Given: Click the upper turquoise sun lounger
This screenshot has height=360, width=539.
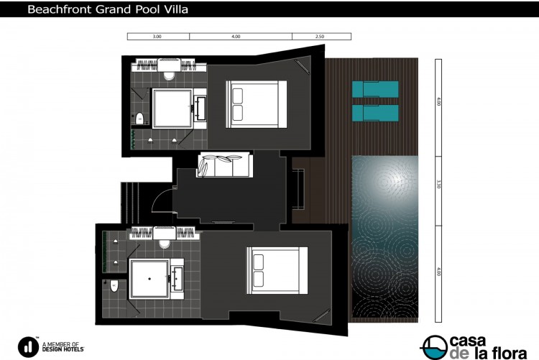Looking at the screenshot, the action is tap(375, 89).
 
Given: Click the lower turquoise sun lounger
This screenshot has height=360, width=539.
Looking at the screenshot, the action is tap(375, 113).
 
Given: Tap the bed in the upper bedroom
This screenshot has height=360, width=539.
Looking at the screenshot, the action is tap(257, 104).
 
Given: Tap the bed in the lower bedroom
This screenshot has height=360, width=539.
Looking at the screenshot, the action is tap(277, 270).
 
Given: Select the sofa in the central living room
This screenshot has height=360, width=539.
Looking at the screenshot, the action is tap(225, 165).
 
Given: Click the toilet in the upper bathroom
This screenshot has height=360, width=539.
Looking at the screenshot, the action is tap(139, 119).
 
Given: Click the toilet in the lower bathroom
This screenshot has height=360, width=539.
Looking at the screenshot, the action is tap(114, 285).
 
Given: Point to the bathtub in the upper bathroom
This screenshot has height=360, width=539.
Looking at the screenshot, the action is tap(172, 109).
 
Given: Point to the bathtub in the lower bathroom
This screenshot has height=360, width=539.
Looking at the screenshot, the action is tap(149, 279).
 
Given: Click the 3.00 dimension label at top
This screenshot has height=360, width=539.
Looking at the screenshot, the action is tap(157, 37).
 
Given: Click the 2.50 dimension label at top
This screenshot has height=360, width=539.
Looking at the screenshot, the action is tap(320, 37).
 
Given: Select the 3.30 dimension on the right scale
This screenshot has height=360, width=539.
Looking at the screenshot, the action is tap(438, 184).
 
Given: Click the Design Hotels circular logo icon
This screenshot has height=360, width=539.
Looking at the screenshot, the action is tap(28, 347).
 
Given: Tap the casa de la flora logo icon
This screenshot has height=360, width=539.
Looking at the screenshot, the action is tap(434, 347).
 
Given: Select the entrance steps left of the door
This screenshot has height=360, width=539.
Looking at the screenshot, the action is tap(130, 203).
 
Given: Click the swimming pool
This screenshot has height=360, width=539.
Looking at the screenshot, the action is tap(385, 237).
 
